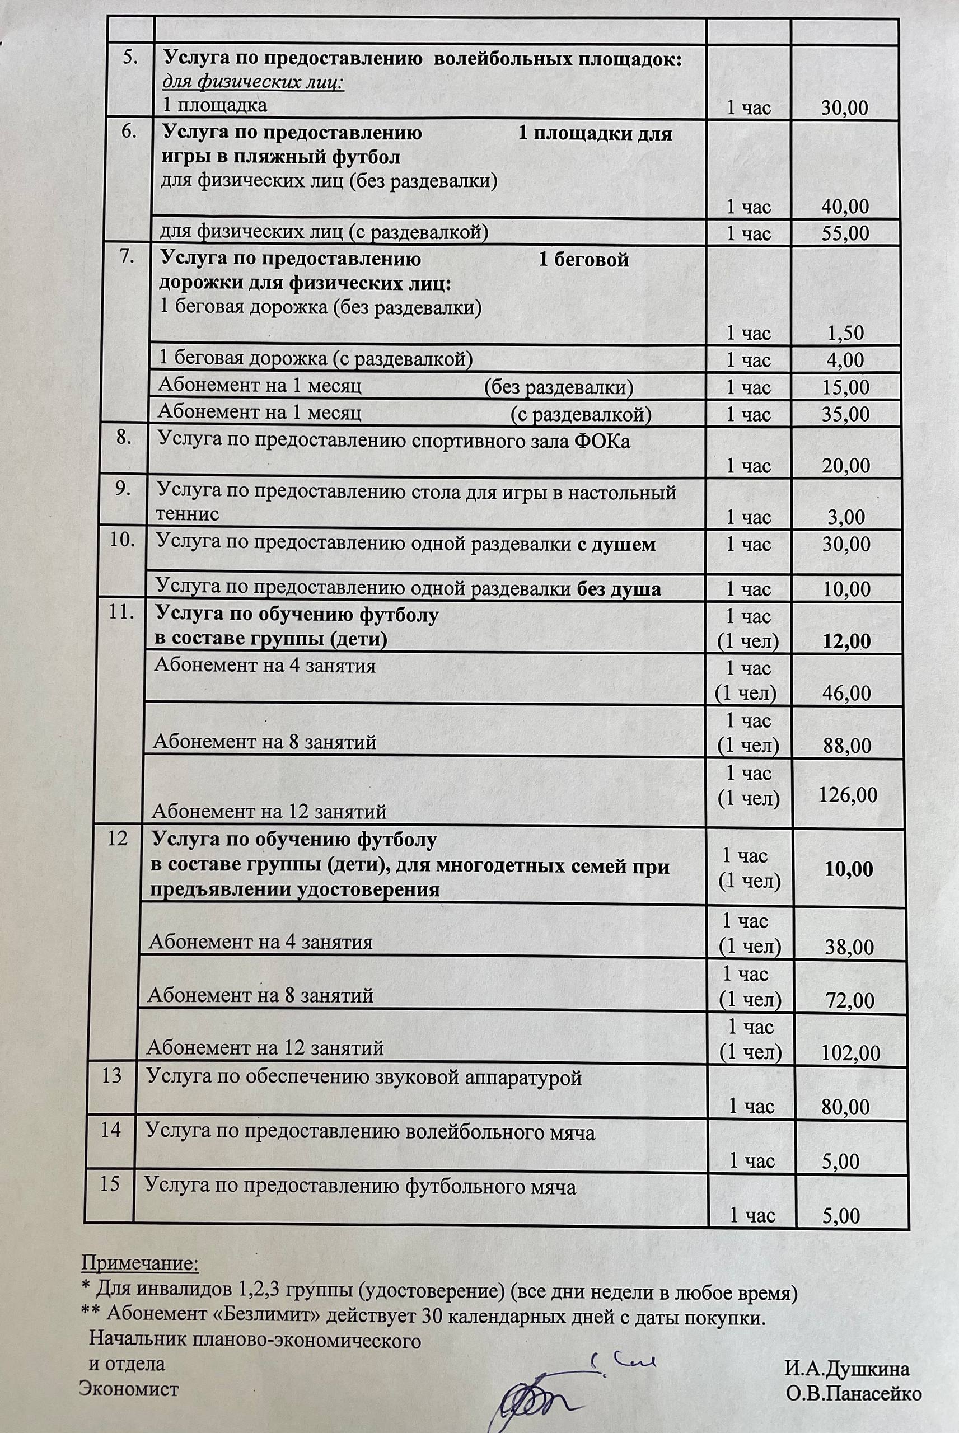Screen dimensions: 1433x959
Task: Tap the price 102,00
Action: click(850, 1052)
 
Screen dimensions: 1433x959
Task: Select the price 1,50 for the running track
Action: click(845, 333)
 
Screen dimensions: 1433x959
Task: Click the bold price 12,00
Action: click(846, 641)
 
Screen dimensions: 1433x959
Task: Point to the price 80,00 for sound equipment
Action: click(846, 1107)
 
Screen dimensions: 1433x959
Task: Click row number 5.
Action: click(130, 58)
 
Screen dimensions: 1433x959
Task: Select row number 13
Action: click(112, 1075)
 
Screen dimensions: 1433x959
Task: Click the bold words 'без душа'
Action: click(619, 589)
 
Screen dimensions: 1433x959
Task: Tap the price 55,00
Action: click(846, 233)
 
